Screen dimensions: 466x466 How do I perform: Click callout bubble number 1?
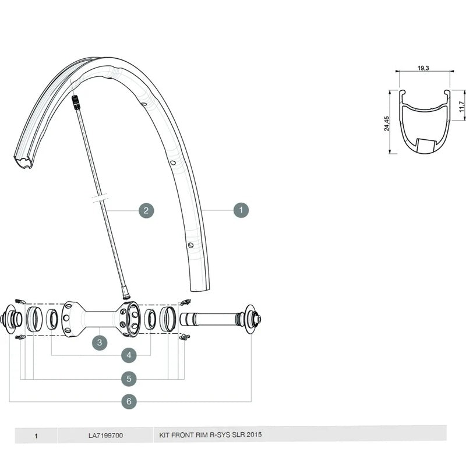click(x=241, y=210)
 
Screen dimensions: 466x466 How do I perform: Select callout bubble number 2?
click(x=146, y=211)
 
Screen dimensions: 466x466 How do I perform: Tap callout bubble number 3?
click(x=100, y=343)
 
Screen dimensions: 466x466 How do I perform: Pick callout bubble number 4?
click(x=129, y=355)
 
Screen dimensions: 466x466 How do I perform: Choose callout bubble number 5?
click(x=129, y=379)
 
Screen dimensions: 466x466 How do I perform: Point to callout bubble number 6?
click(x=129, y=401)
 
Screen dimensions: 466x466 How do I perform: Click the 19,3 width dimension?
click(x=423, y=68)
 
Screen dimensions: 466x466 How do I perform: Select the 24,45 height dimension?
click(x=386, y=123)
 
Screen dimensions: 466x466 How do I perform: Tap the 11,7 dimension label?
click(x=461, y=107)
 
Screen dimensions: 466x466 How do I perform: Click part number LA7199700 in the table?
click(x=105, y=436)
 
